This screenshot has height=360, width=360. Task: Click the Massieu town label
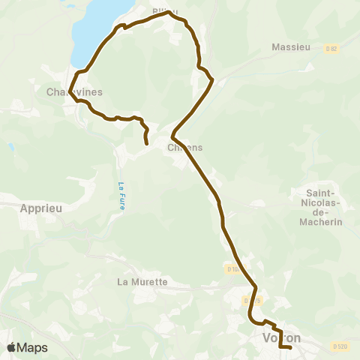(291, 47)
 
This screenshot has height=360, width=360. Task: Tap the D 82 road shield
(331, 49)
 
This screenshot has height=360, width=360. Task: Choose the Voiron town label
(281, 338)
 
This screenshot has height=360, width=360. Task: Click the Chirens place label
(186, 147)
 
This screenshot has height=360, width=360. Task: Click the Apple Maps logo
(27, 347)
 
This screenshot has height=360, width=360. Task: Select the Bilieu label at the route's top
(165, 11)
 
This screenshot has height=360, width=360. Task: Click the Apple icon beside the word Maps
(11, 347)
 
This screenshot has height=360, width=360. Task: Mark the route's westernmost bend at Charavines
(70, 88)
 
